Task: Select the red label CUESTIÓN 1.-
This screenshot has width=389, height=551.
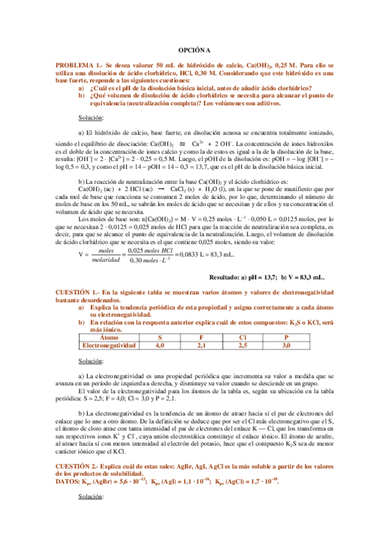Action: pyautogui.click(x=75, y=313)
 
